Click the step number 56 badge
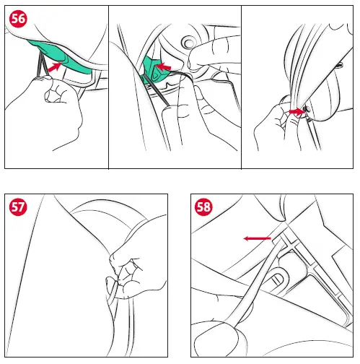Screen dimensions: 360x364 pos(18,19)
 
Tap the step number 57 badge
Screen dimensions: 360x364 pos(18,207)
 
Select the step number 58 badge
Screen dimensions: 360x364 pos(203,207)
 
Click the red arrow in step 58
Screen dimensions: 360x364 pos(258,238)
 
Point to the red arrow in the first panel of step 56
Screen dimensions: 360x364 pos(55,66)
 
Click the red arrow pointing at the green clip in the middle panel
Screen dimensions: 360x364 pos(163,66)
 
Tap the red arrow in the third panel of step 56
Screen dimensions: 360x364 pos(297,112)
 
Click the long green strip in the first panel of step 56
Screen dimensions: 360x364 pos(60,56)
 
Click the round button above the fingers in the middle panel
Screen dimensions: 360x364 pos(188,43)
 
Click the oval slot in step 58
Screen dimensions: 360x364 pos(276,279)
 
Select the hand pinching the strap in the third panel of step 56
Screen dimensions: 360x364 pos(279,121)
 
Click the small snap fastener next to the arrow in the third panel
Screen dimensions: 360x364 pos(307,110)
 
